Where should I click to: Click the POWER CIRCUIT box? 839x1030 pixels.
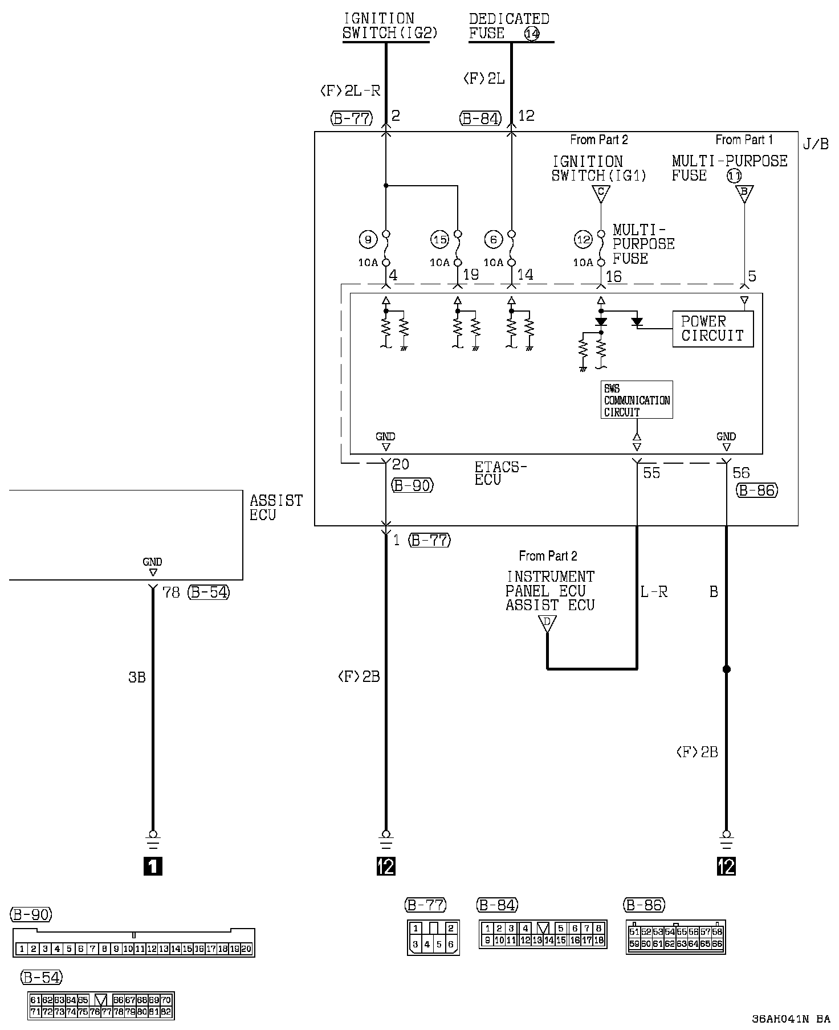click(712, 329)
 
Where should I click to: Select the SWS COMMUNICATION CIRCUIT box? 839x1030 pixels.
click(637, 400)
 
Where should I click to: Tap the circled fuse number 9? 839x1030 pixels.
click(368, 240)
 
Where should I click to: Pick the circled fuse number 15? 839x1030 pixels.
click(440, 240)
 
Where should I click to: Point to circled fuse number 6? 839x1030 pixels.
click(494, 240)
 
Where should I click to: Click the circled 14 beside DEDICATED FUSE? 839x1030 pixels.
click(532, 34)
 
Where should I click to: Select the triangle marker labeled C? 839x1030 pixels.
click(600, 194)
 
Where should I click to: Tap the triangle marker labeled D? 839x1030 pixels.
click(547, 623)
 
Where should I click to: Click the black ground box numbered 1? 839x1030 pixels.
click(153, 866)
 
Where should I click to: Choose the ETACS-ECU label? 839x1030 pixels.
click(500, 473)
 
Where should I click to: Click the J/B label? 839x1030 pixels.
click(816, 144)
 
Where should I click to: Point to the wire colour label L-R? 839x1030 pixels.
click(654, 592)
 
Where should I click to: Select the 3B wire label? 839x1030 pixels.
click(137, 677)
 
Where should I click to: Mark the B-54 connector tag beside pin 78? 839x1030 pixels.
click(210, 592)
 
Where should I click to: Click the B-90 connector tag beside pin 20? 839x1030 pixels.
click(413, 485)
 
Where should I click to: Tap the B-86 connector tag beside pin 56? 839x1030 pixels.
click(757, 490)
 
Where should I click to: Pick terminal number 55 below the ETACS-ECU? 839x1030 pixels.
click(651, 473)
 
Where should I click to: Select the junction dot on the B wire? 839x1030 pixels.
click(726, 669)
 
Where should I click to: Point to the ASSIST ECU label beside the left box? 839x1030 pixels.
click(276, 507)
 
